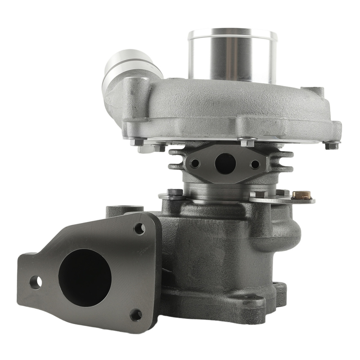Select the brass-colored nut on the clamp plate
point(301,195)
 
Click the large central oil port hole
point(225,163)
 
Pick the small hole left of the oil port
point(195,163)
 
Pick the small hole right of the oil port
point(255,165)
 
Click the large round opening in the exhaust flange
point(85,278)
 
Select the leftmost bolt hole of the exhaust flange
point(35,282)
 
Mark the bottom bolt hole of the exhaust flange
point(136,315)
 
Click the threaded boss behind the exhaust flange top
point(124,209)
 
